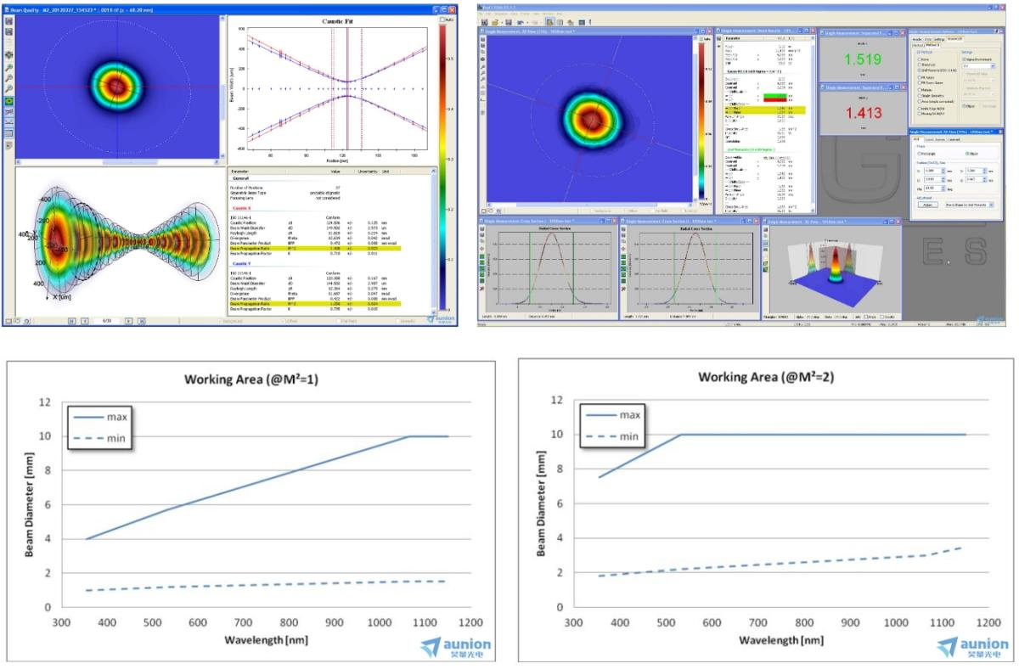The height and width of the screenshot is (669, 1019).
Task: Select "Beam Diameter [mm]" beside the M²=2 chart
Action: pyautogui.click(x=540, y=503)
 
